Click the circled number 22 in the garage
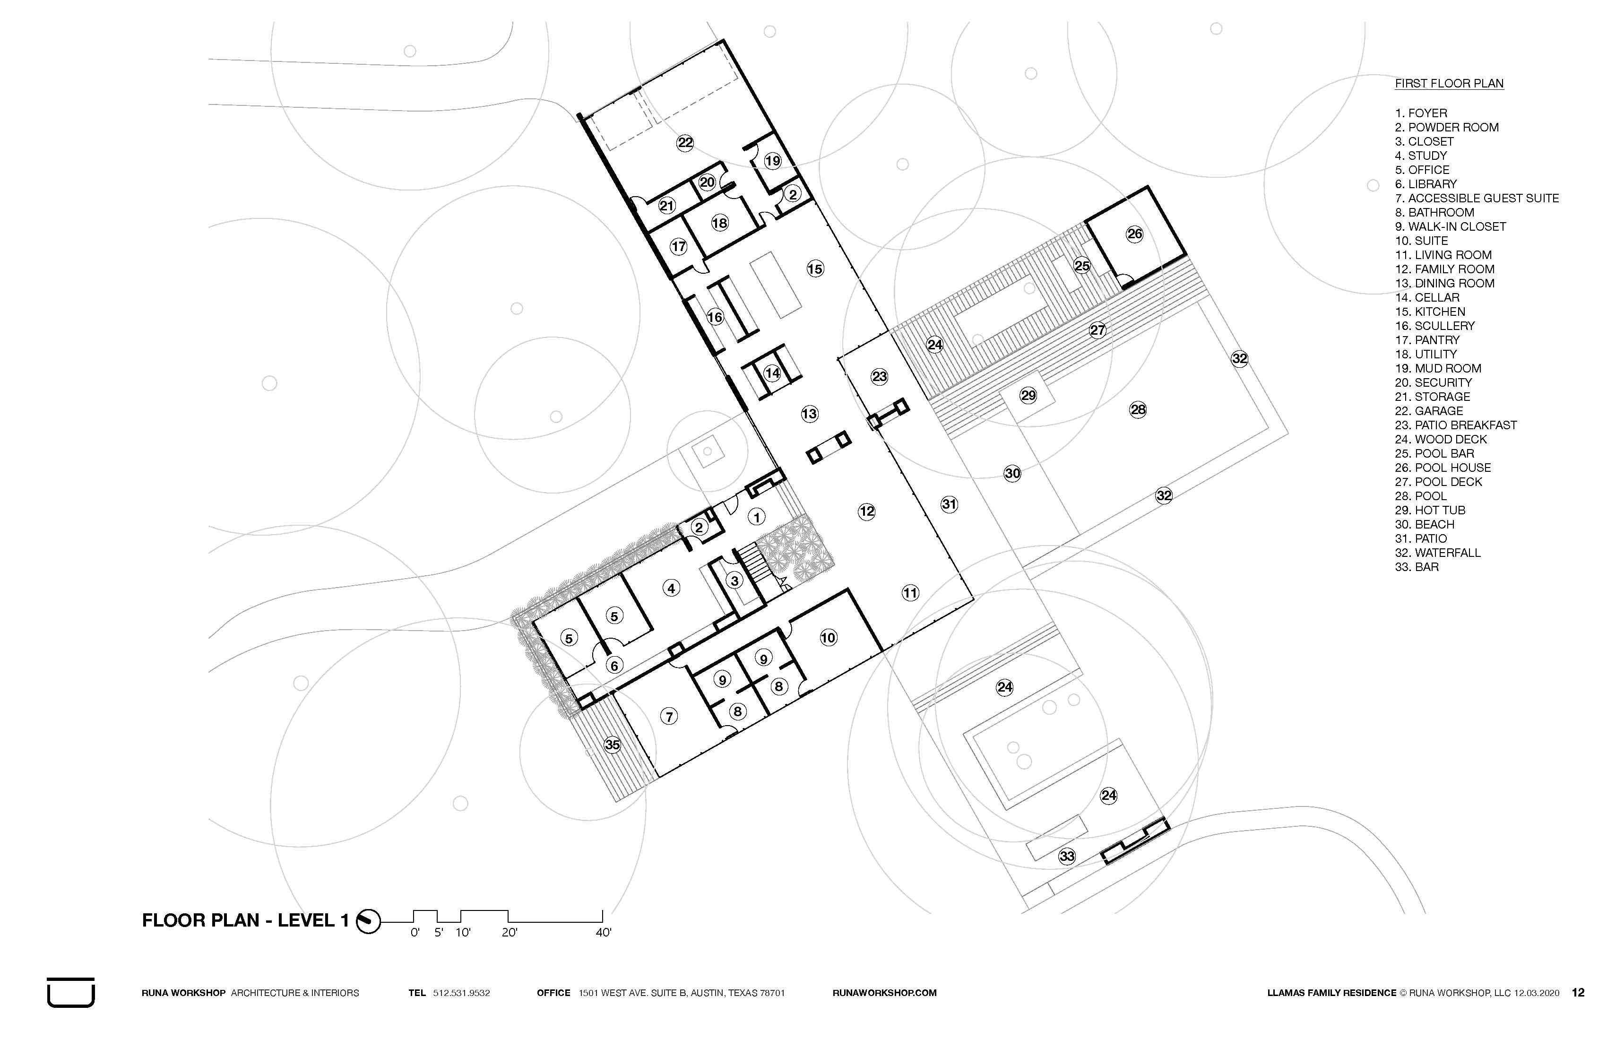pyautogui.click(x=685, y=142)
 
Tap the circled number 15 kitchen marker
pyautogui.click(x=815, y=269)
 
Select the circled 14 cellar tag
pyautogui.click(x=772, y=373)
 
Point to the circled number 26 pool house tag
pyautogui.click(x=1135, y=234)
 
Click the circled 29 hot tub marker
pyautogui.click(x=1028, y=395)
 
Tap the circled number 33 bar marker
pyautogui.click(x=1067, y=856)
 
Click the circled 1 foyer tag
pyautogui.click(x=757, y=517)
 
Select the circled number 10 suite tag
pyautogui.click(x=828, y=638)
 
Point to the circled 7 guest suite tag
pyautogui.click(x=669, y=717)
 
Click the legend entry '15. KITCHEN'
pyautogui.click(x=1430, y=312)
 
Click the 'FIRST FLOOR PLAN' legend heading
pyautogui.click(x=1449, y=84)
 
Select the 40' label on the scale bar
pyautogui.click(x=603, y=933)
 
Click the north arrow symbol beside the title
pyautogui.click(x=369, y=920)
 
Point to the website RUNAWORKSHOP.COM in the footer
pyautogui.click(x=884, y=993)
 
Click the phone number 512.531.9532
pyautogui.click(x=461, y=993)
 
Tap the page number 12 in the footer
pyautogui.click(x=1578, y=993)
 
